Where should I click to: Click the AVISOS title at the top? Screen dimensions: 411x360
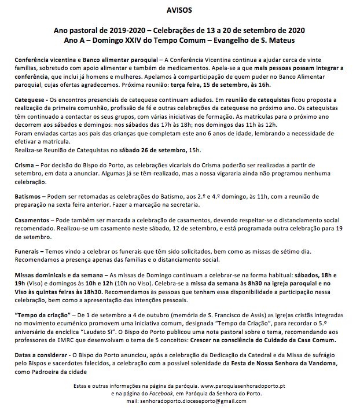pos(179,10)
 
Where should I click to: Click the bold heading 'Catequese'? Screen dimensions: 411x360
pos(31,100)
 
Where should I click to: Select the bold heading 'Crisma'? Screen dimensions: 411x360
pos(27,165)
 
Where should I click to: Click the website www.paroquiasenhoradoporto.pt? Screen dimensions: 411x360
pos(242,386)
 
